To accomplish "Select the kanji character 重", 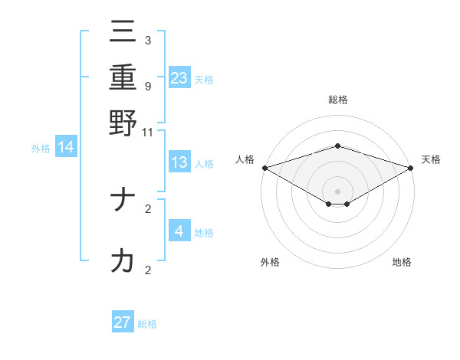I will [123, 78].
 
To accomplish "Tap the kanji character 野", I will [123, 123].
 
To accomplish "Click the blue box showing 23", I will [179, 77].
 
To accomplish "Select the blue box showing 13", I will [179, 162].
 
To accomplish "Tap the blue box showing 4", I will [179, 231].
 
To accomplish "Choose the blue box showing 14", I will [66, 147].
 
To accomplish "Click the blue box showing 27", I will [123, 322].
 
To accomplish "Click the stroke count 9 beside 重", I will [148, 86].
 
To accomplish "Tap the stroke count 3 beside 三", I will [148, 41].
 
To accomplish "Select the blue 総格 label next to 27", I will [148, 324].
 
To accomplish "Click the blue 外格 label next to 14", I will [41, 149].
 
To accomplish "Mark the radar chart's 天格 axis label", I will [432, 159].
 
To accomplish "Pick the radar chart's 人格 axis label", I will [245, 159].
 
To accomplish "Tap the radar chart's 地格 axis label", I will [402, 262].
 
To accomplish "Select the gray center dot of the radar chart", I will [338, 191].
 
